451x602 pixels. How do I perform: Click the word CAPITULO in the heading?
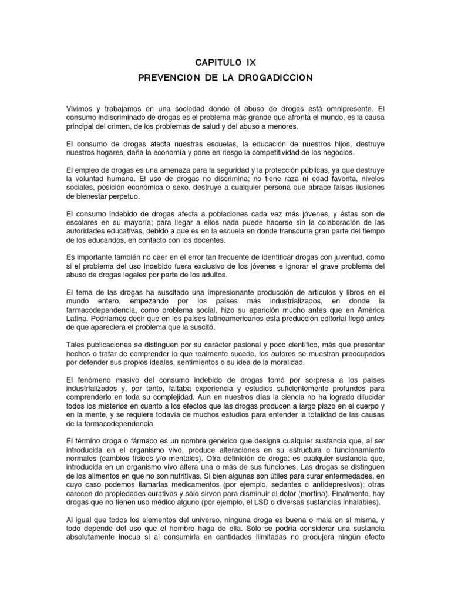[217, 61]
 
